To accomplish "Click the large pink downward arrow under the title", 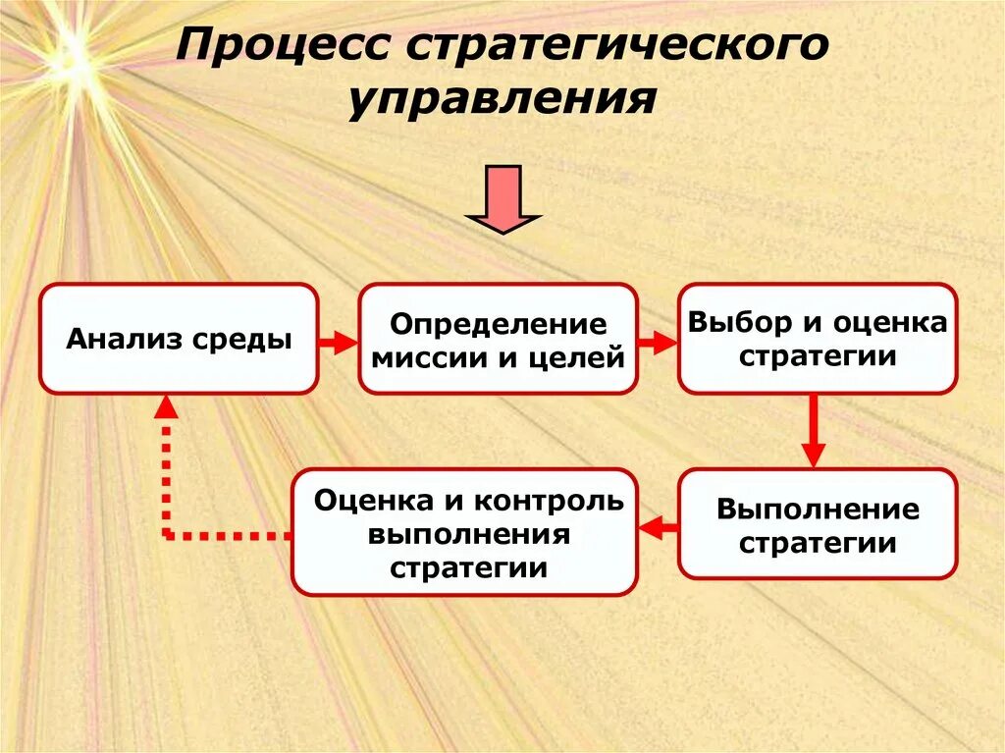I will coord(502,199).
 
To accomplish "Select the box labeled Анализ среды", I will coord(178,339).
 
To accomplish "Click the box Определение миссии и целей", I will coord(498,339).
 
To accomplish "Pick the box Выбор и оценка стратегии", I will coord(817,339).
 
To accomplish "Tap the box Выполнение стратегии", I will coord(817,523).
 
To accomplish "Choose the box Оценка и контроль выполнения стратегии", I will coord(464,532).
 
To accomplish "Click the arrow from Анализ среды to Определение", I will coord(338,342).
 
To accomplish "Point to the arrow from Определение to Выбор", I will coord(658,342).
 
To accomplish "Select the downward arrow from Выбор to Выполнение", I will coord(813,431).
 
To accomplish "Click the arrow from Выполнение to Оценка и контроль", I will coord(658,528).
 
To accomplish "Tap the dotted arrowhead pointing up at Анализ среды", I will coord(167,404).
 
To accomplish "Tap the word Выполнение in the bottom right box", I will coord(817,510).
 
